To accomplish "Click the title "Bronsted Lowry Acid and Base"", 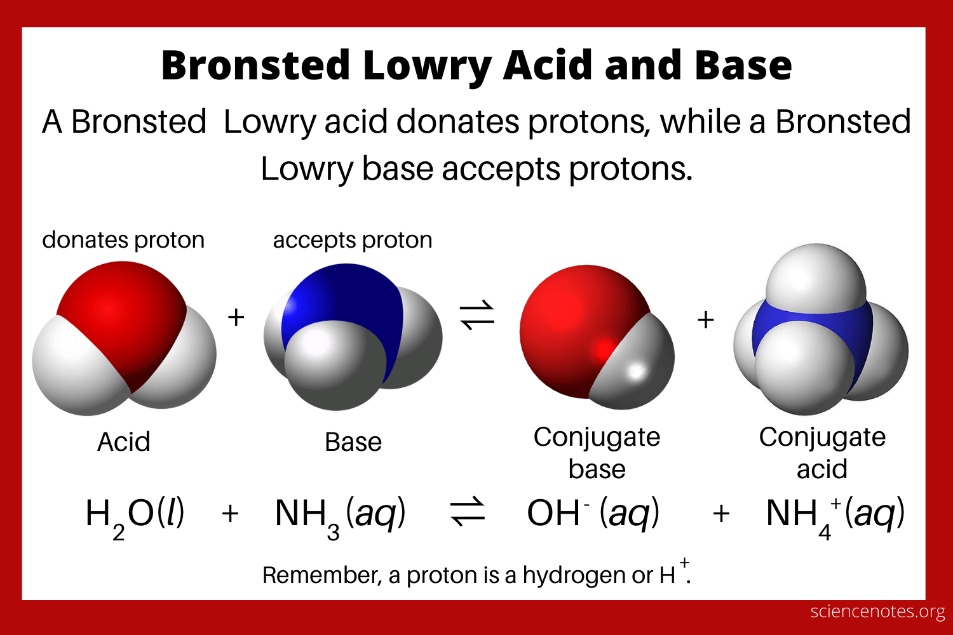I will (476, 65).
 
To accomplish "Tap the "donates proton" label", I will (123, 240).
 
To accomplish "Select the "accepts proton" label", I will (353, 240).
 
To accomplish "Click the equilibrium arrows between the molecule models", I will (477, 316).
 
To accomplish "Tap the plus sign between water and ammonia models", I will (236, 317).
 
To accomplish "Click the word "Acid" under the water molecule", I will (124, 442).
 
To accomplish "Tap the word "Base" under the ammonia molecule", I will (353, 442).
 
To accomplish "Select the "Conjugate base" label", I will (597, 453).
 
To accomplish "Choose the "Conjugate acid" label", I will (822, 453).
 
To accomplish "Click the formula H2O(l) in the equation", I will (135, 514).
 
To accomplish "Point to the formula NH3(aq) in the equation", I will (340, 514).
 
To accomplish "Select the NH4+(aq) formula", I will (835, 514).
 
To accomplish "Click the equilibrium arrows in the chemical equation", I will (468, 513).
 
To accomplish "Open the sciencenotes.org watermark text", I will (878, 612).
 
